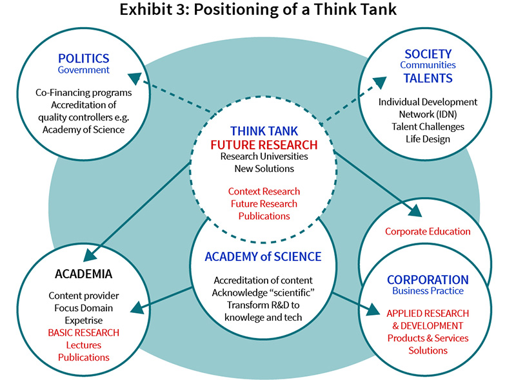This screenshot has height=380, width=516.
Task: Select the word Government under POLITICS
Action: pos(84,70)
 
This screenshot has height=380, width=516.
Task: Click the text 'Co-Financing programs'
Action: pos(84,93)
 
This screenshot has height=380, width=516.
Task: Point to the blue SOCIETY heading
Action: pos(428,53)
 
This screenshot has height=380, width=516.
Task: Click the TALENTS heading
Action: pos(428,79)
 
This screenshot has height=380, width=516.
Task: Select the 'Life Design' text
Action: pos(428,139)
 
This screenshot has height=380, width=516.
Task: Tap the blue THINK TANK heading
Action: pos(264,131)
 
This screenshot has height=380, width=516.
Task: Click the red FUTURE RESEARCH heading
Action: pos(264,144)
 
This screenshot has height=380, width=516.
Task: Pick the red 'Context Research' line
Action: pos(264,191)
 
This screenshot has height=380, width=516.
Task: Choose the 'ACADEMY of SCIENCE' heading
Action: pos(263,256)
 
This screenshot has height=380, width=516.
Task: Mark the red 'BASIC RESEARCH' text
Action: pos(84,332)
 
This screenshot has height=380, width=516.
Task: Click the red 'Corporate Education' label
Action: pos(428,231)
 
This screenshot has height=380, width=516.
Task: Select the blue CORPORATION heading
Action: pos(428,280)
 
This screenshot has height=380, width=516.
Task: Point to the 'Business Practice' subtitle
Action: pos(428,291)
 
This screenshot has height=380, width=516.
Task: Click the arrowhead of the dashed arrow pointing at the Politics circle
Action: pos(134,77)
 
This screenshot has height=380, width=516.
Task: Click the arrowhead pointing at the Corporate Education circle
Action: pos(415,212)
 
